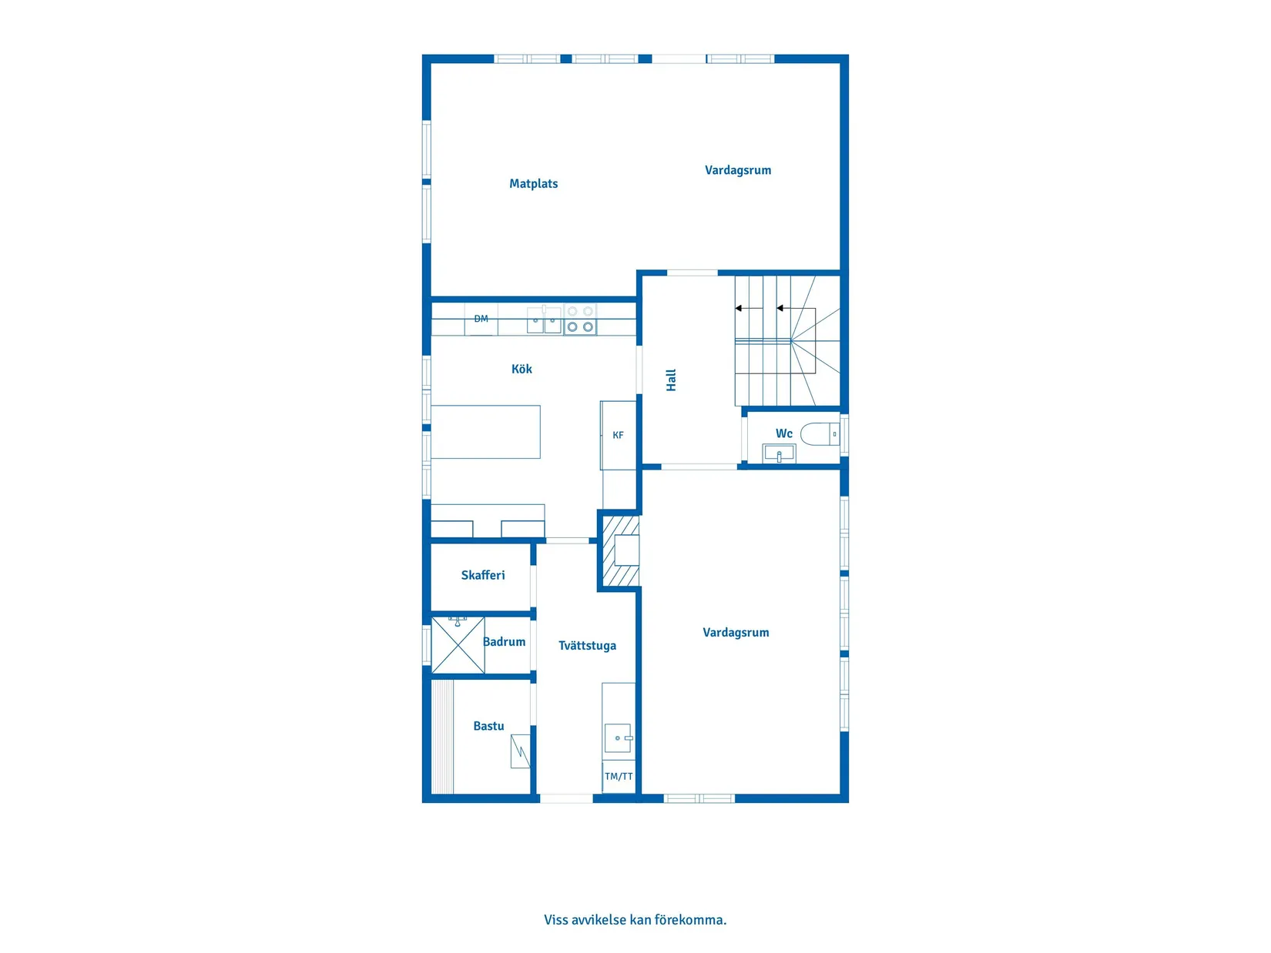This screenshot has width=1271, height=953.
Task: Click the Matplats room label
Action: coord(533,184)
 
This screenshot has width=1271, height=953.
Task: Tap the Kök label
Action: coord(521,369)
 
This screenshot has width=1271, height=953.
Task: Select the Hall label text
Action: coord(671,380)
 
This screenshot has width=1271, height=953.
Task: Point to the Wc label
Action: coord(784,433)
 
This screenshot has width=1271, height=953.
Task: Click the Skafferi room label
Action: coord(483,575)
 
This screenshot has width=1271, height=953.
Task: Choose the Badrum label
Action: coord(505,642)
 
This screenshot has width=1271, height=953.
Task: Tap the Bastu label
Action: coord(488,726)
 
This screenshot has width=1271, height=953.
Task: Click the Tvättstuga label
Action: coord(587,646)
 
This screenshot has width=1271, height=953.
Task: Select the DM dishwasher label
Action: coord(481,319)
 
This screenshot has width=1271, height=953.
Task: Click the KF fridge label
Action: coord(618,435)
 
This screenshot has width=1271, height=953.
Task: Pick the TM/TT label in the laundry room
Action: coord(619,777)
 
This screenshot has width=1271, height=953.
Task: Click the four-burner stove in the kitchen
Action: coord(580,319)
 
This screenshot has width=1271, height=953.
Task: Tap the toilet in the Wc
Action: coord(820,434)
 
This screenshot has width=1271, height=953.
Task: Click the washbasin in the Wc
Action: coord(780,453)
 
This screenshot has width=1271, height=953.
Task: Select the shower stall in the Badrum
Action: coord(458,646)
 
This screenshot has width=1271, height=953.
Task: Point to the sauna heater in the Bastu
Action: coord(520,751)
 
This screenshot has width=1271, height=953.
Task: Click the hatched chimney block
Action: coord(621,550)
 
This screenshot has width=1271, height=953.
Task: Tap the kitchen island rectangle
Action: coord(485,432)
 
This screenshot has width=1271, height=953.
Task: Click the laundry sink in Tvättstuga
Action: coord(618,738)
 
